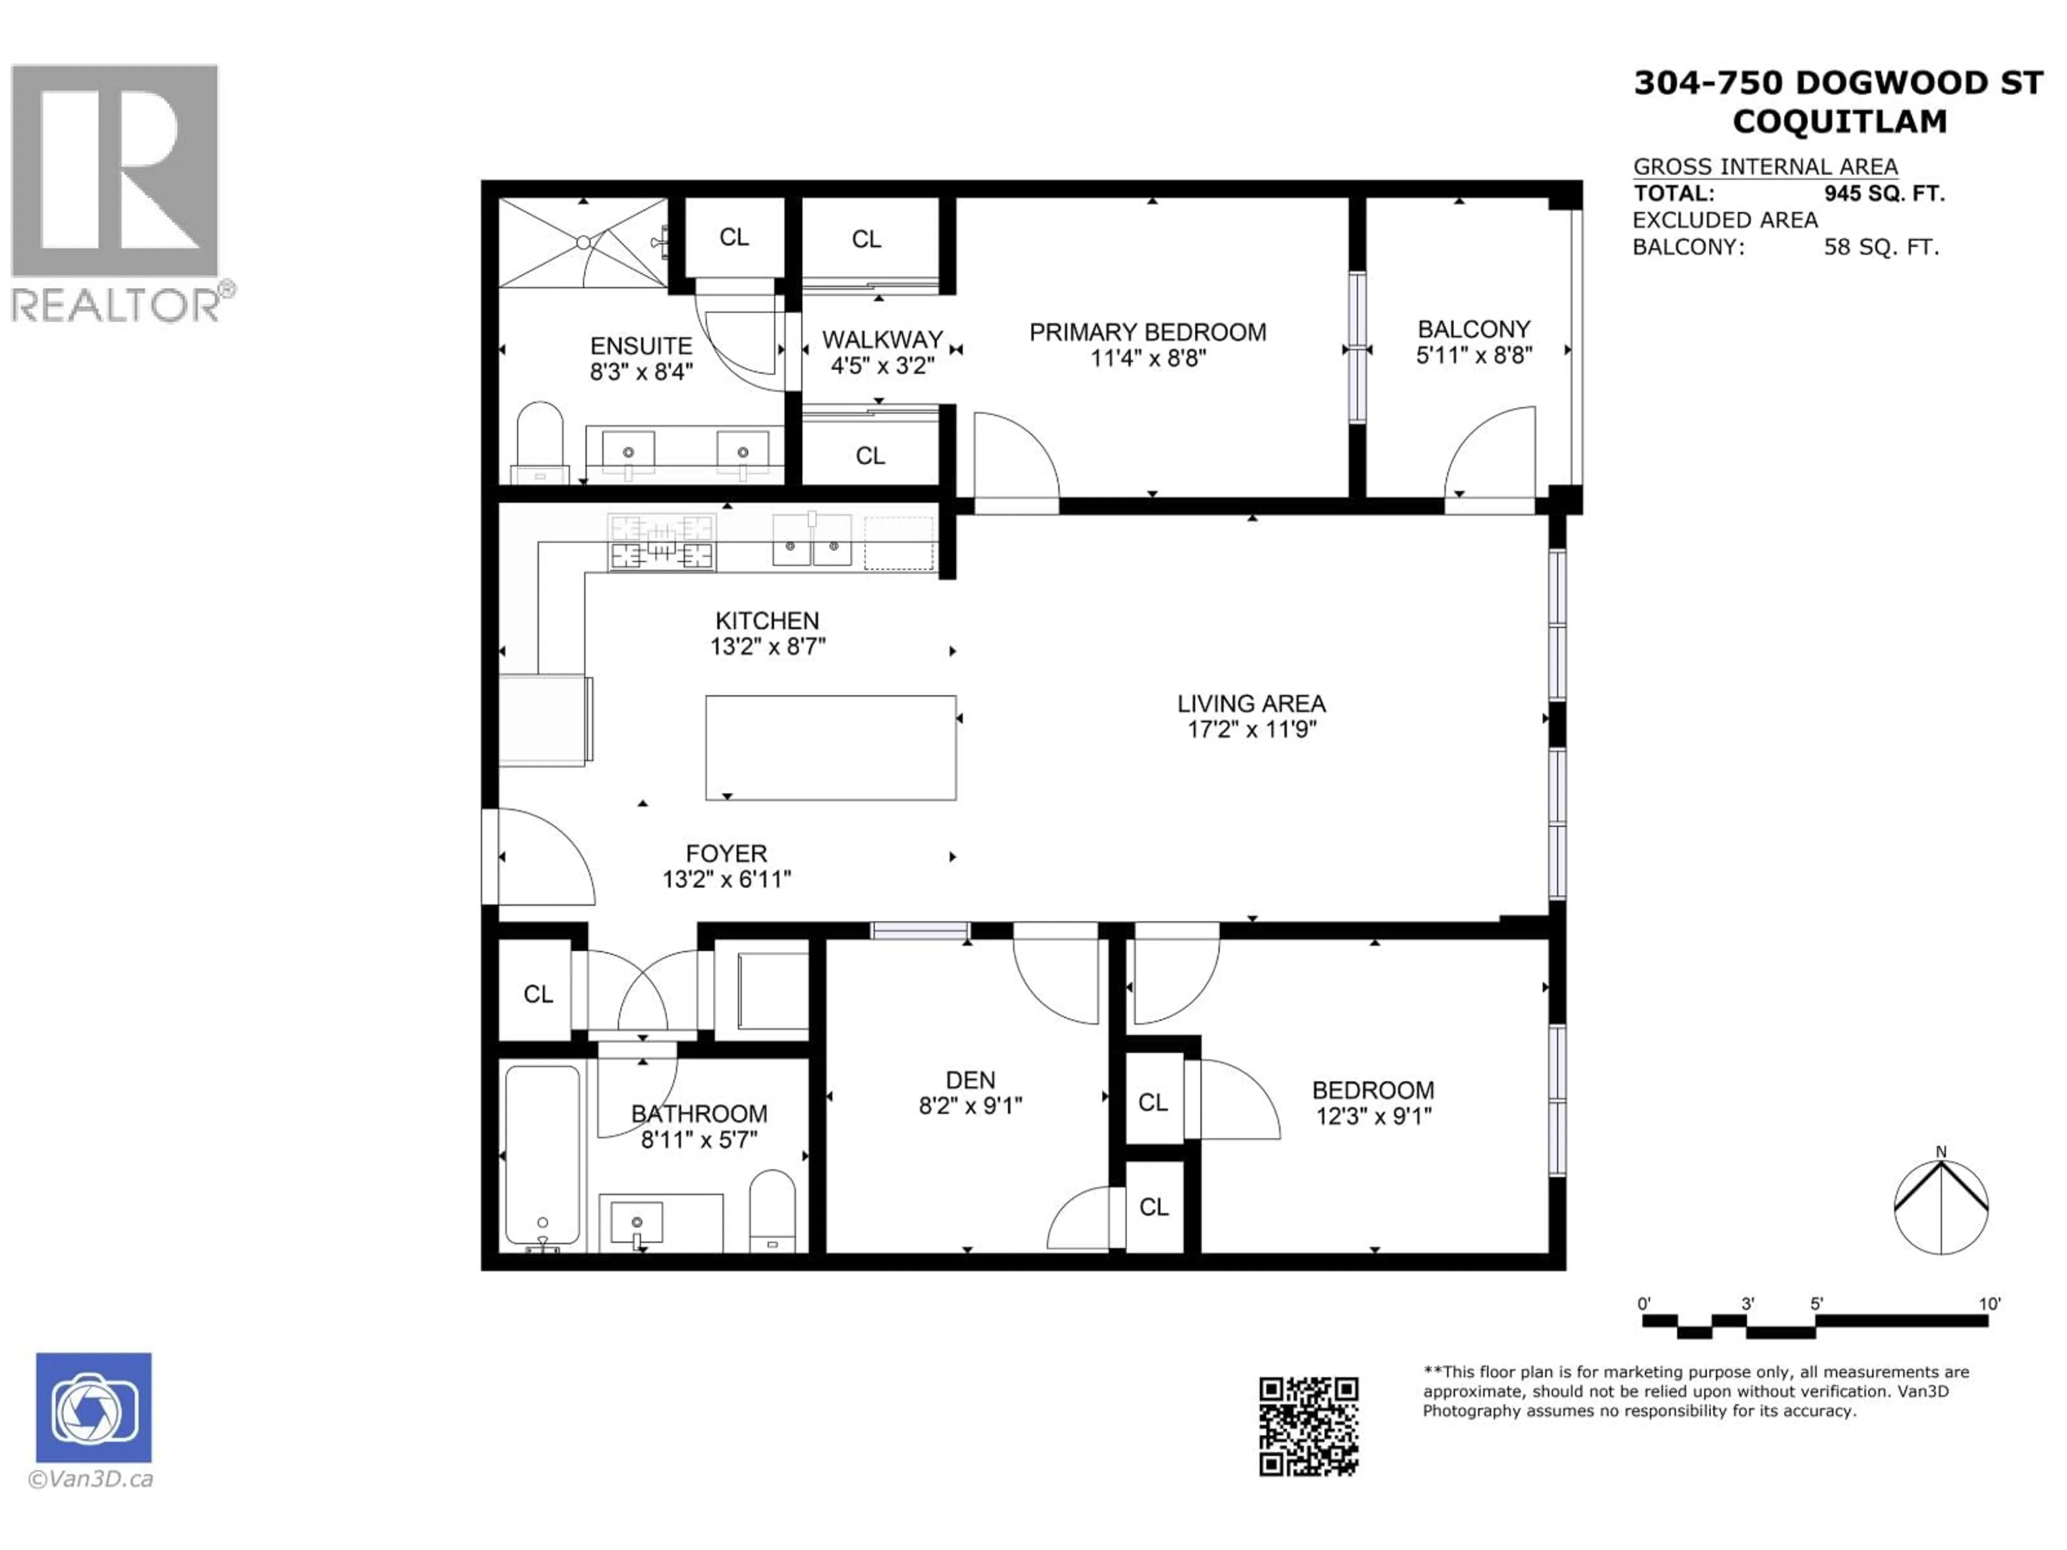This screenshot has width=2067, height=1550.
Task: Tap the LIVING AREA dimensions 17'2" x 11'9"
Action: [1251, 730]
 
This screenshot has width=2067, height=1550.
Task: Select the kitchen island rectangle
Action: [830, 748]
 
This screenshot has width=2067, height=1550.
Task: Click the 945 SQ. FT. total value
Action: [1884, 194]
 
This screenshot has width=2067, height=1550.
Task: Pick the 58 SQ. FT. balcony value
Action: [1881, 248]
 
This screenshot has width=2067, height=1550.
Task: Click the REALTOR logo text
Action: [117, 306]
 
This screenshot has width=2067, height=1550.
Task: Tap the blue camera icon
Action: [94, 1407]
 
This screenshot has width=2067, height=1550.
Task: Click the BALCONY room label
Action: [1474, 330]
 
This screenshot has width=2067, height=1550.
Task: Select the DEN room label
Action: [970, 1081]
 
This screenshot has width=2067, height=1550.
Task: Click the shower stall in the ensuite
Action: [583, 243]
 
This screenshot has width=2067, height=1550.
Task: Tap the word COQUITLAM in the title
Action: [1839, 122]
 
